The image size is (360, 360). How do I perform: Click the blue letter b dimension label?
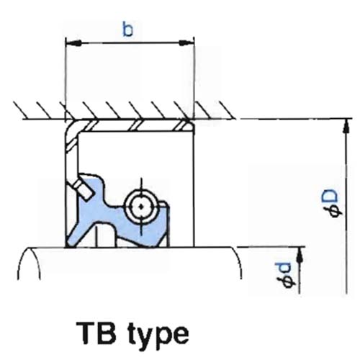(127, 30)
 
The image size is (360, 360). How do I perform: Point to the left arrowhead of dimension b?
(73, 43)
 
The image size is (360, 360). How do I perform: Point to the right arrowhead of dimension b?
(186, 43)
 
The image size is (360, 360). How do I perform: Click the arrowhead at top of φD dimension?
(346, 126)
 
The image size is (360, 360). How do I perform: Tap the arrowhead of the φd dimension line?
(299, 254)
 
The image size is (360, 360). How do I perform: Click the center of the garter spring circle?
(141, 207)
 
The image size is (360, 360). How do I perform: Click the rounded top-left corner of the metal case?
(72, 127)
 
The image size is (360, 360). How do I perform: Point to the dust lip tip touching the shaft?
(70, 243)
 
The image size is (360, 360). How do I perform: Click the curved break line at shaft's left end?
(28, 263)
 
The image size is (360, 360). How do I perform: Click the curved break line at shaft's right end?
(237, 263)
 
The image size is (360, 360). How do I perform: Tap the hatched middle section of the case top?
(136, 125)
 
